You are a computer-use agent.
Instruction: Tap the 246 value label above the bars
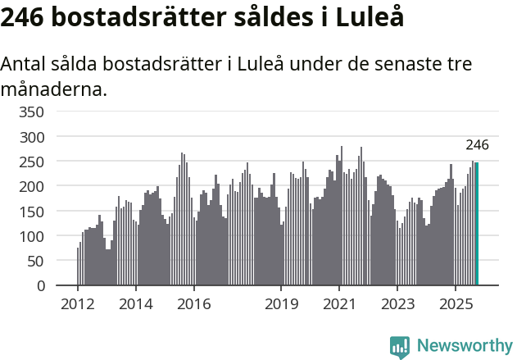pos(477,145)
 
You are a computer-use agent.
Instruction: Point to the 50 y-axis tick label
pos(37,262)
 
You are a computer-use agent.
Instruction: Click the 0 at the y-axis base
pos(40,286)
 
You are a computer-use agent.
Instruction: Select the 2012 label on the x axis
pos(78,305)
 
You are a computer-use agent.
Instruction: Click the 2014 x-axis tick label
pos(136,305)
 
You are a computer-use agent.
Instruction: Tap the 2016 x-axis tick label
pos(193,305)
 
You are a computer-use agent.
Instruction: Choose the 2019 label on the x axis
pos(281,305)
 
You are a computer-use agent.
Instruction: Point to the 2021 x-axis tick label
pos(339,305)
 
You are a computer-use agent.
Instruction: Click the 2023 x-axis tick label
pos(397,305)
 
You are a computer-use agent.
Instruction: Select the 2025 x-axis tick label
pos(456,305)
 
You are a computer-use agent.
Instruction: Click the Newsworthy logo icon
pos(400,346)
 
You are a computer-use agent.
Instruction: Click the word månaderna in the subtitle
pos(53,89)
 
